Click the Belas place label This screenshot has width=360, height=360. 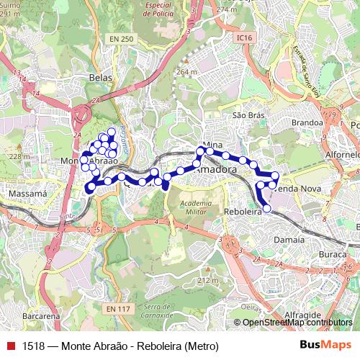tap(99, 76)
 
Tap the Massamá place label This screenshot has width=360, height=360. tap(27, 194)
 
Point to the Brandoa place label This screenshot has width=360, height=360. tap(307, 122)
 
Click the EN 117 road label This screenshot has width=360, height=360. tap(117, 309)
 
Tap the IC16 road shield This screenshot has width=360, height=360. tap(245, 37)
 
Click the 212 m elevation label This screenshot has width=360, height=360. tap(207, 280)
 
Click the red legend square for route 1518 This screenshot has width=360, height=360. tap(10, 346)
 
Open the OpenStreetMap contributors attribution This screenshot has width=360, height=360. tap(297, 323)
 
